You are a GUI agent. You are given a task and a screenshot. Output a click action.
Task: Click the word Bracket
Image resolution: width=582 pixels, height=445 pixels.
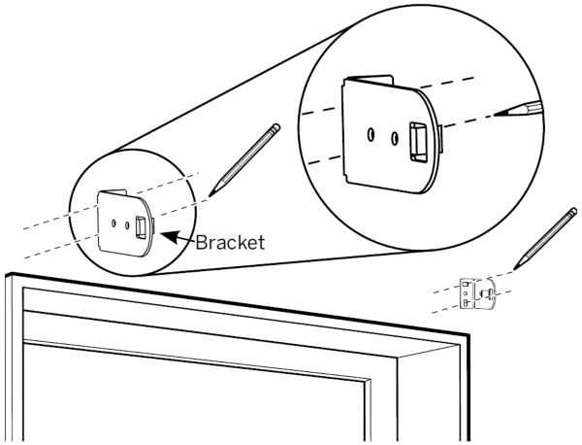pyautogui.click(x=230, y=242)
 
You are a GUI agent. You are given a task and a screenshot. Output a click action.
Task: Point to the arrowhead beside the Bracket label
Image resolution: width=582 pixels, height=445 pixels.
pyautogui.click(x=162, y=232)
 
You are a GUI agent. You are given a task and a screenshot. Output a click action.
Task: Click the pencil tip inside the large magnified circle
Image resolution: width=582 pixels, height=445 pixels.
pyautogui.click(x=498, y=114)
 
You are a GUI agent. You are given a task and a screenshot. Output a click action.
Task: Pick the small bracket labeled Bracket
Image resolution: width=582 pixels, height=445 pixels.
pyautogui.click(x=124, y=222)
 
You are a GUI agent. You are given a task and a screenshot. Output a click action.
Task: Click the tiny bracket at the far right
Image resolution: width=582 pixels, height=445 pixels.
pyautogui.click(x=477, y=293)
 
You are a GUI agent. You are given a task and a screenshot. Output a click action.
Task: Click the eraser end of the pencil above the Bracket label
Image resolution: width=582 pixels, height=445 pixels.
pyautogui.click(x=275, y=126)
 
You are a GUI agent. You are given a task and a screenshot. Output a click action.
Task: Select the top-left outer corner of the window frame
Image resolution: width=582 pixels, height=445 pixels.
pyautogui.click(x=7, y=275)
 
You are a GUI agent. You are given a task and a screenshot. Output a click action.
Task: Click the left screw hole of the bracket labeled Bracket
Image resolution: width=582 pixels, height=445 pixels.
pyautogui.click(x=115, y=222)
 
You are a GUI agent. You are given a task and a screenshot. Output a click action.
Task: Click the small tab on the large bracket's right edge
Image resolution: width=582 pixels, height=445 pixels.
pyautogui.click(x=441, y=142)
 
